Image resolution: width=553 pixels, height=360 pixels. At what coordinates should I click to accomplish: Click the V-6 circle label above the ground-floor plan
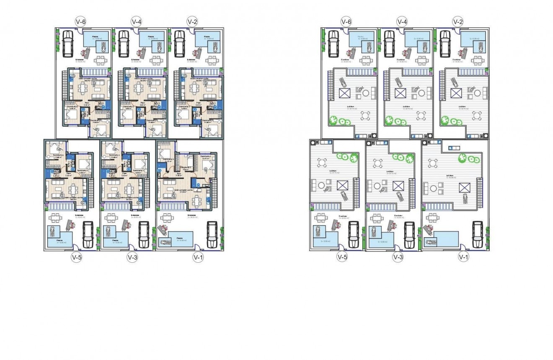coord(80,21)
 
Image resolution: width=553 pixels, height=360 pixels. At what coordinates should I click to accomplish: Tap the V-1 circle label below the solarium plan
coord(463,257)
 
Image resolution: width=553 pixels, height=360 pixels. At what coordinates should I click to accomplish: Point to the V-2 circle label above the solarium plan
coord(458,21)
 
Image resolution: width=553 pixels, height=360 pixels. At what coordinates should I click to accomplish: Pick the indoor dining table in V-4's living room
coord(138,88)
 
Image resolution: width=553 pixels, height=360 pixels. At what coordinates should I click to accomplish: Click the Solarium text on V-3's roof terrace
coord(390,171)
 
